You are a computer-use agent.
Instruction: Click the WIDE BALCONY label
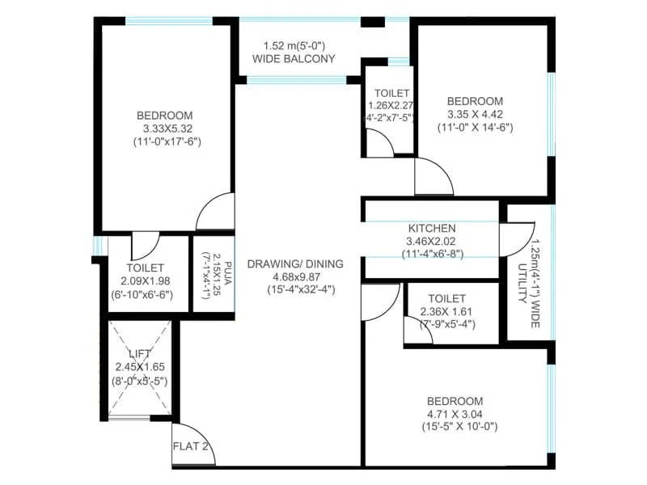click(294, 59)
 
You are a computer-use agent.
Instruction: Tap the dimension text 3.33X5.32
click(166, 128)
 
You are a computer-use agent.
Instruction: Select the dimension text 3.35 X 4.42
click(475, 114)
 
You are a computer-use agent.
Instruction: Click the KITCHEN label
click(432, 229)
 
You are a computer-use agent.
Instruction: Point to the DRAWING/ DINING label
click(295, 264)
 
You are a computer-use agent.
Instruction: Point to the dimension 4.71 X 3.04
click(455, 415)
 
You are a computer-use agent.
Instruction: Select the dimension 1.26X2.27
click(391, 105)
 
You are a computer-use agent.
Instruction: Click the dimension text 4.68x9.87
click(296, 276)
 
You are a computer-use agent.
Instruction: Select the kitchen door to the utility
click(510, 240)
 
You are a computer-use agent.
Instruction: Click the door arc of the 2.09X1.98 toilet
click(146, 245)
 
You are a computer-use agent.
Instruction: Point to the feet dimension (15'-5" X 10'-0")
click(455, 428)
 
